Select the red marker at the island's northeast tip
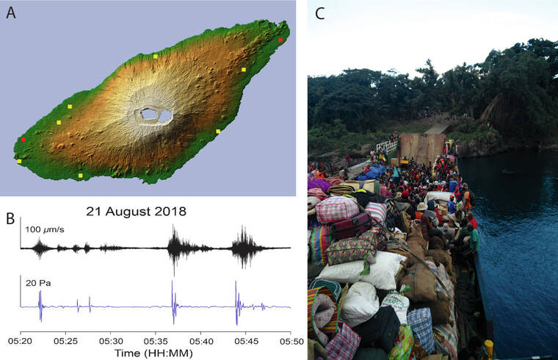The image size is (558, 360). tap(280, 40)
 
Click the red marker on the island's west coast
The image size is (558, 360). tap(23, 139)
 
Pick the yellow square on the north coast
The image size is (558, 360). tap(156, 56)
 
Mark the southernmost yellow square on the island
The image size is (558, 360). tap(80, 176)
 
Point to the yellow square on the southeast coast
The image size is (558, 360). tap(218, 132)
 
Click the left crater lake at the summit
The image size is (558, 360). tap(150, 114)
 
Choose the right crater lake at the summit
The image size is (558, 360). tap(165, 115)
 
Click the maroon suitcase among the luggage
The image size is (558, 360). tap(354, 226)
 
